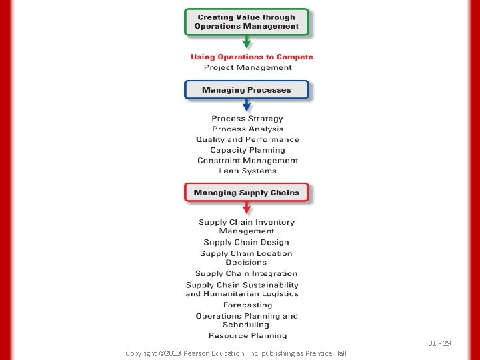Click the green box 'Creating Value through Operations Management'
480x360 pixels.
247,21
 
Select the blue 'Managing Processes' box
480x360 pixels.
247,90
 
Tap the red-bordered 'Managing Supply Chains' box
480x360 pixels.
247,193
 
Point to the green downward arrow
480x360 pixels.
247,43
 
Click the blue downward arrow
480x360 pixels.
247,105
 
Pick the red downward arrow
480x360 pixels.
247,209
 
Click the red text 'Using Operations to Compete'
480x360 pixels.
252,57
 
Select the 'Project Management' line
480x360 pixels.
248,67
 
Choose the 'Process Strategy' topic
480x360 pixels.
247,119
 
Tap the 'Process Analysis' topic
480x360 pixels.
247,129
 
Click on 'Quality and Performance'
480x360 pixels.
247,140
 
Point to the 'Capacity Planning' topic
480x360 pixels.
247,150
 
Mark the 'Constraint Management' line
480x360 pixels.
247,161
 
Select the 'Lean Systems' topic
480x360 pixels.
247,171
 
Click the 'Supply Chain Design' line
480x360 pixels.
247,243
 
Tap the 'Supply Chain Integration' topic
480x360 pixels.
246,273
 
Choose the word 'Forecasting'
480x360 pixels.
247,305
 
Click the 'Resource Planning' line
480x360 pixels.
247,336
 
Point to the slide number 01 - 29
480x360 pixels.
439,343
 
